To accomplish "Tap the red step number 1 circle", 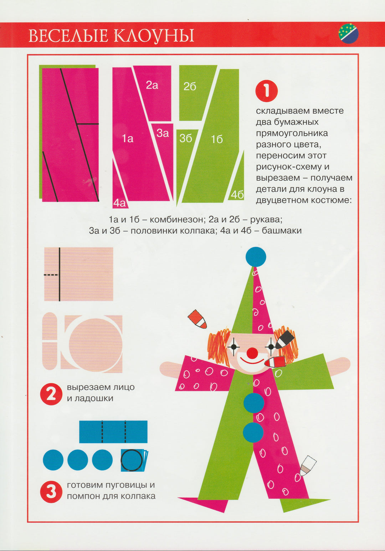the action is point(266,91).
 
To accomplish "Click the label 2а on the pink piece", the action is point(152,85).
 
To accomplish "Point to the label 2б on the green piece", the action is point(190,87).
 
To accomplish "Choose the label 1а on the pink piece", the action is point(127,139).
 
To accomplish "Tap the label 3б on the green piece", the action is point(185,139).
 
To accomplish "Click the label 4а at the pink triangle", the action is point(119,203).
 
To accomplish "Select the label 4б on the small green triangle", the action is point(237,195).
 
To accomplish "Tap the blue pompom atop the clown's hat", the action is point(256,257).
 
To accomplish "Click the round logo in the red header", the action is point(348,34).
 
